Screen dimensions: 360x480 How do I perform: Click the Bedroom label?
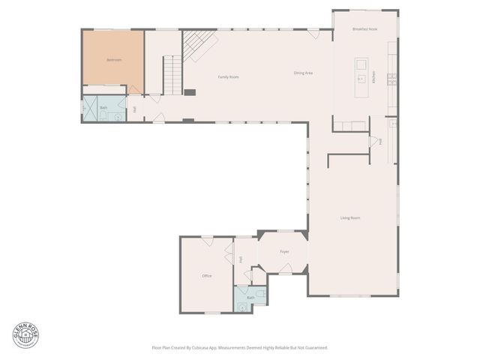[114, 59]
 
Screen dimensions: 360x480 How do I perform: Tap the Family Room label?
[228, 77]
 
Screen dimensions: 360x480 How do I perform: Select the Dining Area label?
[303, 73]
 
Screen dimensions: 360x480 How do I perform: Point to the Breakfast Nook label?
[364, 28]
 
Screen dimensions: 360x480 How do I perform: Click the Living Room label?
[350, 218]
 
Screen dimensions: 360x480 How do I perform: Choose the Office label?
[207, 276]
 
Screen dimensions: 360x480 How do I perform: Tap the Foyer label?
[284, 251]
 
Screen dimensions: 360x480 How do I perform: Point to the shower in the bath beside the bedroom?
[88, 109]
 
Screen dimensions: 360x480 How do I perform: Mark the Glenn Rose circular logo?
[24, 335]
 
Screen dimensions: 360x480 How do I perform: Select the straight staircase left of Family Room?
[173, 76]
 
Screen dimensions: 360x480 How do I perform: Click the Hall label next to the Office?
[241, 259]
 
